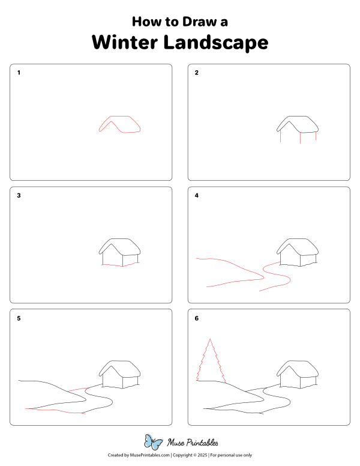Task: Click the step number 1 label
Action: click(19, 73)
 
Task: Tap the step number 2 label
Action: click(196, 73)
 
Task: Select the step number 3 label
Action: click(19, 196)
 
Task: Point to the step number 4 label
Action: click(196, 196)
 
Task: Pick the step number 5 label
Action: click(19, 318)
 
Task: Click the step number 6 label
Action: click(196, 318)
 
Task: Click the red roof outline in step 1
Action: click(121, 124)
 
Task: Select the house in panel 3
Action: click(120, 252)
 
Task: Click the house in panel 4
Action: click(298, 252)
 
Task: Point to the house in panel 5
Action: click(120, 375)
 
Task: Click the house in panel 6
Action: click(298, 375)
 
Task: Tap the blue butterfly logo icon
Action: click(154, 443)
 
